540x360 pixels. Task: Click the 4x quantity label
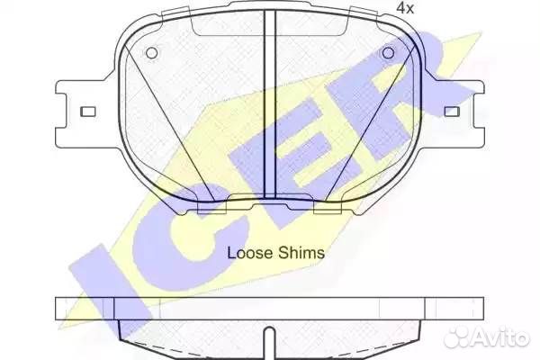tap(405, 7)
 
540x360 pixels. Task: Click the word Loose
tap(250, 253)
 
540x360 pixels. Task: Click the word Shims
tap(301, 253)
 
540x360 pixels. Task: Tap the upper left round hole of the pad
tap(151, 53)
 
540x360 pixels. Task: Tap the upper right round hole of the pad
tap(388, 53)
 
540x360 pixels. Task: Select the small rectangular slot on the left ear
tap(88, 112)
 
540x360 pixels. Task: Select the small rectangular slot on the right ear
tap(452, 112)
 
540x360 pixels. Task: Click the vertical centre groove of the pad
tap(270, 103)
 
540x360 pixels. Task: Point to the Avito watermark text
tap(500, 337)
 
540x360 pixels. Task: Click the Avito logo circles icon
tap(457, 337)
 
